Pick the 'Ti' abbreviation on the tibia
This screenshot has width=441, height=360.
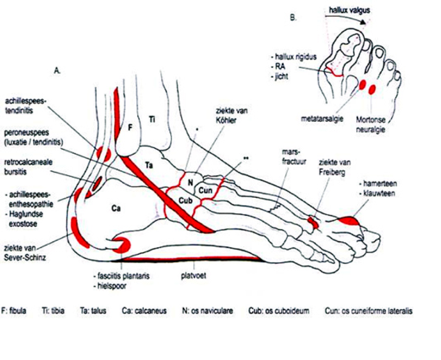tap(152, 119)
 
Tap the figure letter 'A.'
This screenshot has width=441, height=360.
tap(57, 71)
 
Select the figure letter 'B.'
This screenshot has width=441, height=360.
tap(293, 18)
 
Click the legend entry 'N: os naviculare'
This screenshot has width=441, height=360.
tap(207, 311)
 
